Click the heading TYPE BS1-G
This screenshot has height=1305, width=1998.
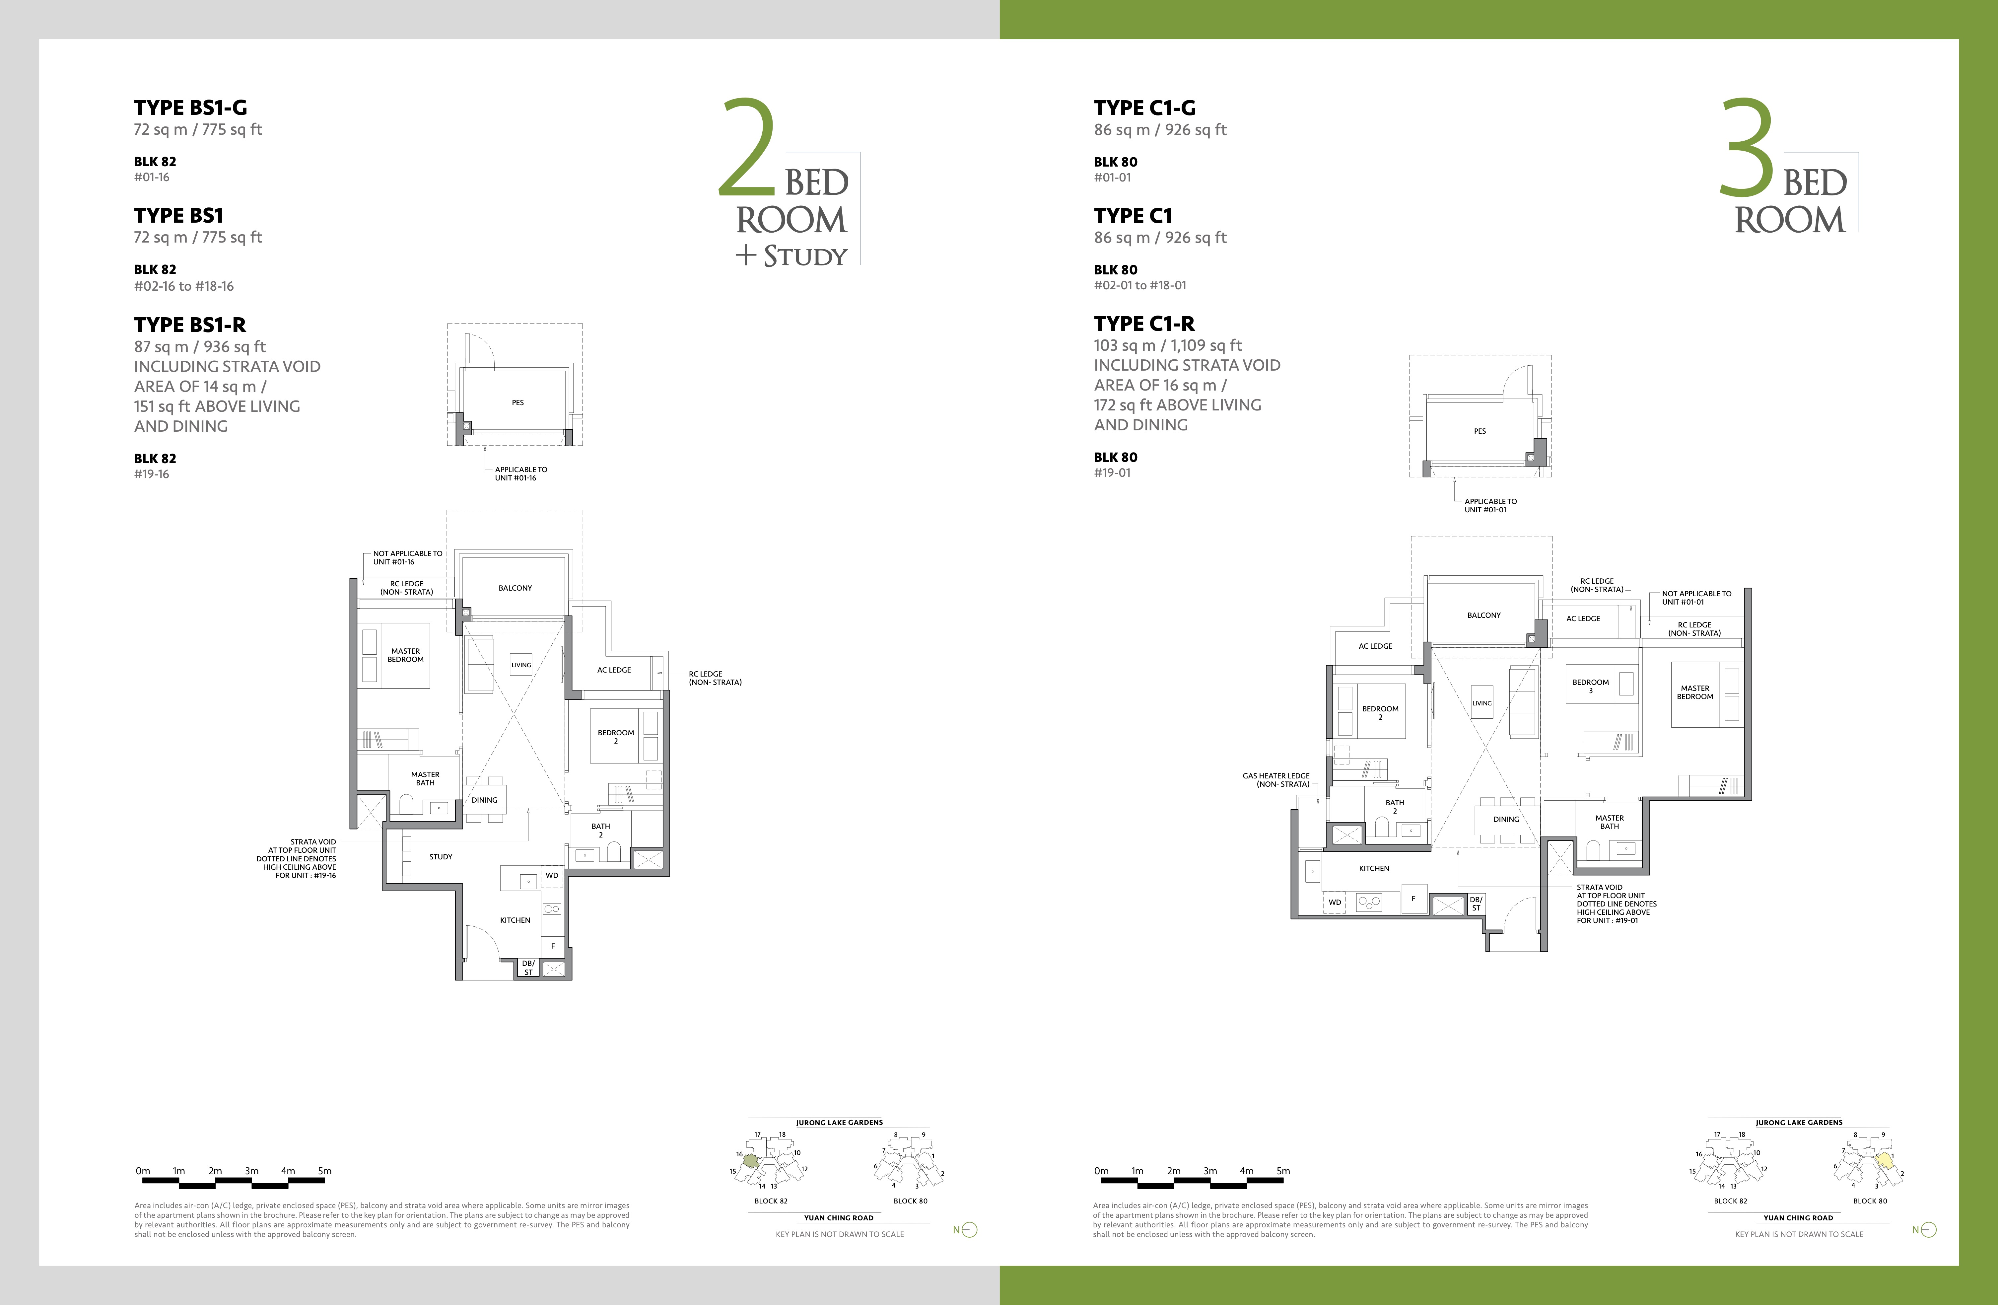click(x=190, y=108)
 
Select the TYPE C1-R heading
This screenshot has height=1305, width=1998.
click(x=1144, y=323)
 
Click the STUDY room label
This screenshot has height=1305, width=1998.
click(x=441, y=857)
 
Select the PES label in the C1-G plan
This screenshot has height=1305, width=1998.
click(x=1480, y=431)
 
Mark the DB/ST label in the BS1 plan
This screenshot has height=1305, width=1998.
click(x=528, y=968)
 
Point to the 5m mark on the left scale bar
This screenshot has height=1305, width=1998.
click(x=325, y=1171)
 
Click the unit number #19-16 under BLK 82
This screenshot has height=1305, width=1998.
click(x=151, y=473)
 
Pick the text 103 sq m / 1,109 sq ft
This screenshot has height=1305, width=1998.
click(x=1168, y=345)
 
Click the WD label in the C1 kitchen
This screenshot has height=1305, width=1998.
click(x=1335, y=902)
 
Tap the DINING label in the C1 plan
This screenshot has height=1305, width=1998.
click(x=1506, y=819)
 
